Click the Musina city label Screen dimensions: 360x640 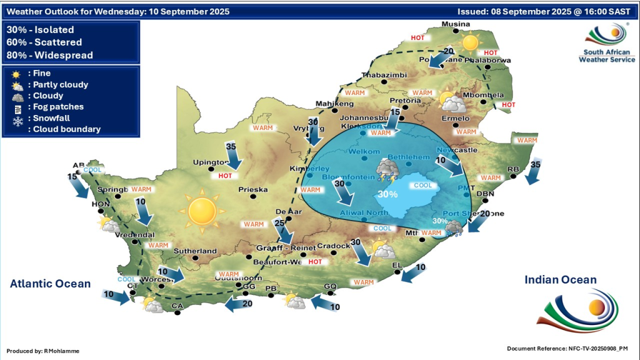454,24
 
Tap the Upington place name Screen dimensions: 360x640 211,162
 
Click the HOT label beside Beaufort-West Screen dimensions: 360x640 315,262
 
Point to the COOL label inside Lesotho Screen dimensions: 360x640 423,186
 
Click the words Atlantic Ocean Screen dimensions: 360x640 50,284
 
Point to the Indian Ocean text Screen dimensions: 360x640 561,280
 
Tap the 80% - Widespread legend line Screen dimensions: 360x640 49,55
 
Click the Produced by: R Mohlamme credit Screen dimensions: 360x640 44,351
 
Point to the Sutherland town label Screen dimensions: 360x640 196,251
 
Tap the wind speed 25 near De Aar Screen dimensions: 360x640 279,223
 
